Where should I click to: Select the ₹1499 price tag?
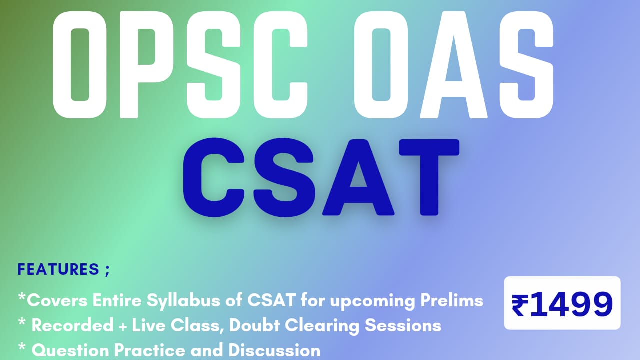click(562, 303)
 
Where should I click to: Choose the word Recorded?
click(73, 326)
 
